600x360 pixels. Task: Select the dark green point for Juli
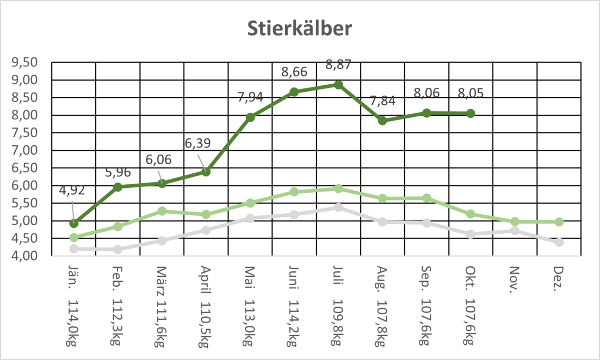pos(338,85)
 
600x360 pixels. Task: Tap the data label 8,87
pos(338,65)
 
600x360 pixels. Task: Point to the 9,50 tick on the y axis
pos(25,62)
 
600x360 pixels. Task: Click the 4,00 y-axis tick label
pos(25,256)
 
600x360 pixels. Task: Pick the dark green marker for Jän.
pos(74,223)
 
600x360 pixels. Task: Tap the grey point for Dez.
pos(559,242)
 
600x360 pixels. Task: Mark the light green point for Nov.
pos(515,222)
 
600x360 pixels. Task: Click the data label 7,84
pos(383,101)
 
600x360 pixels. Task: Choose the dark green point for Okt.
pos(471,113)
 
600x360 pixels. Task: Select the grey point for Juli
pos(338,207)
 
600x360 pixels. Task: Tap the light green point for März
pos(162,211)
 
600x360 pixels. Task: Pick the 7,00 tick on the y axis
pos(25,150)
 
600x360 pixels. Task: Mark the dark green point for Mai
pos(251,117)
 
